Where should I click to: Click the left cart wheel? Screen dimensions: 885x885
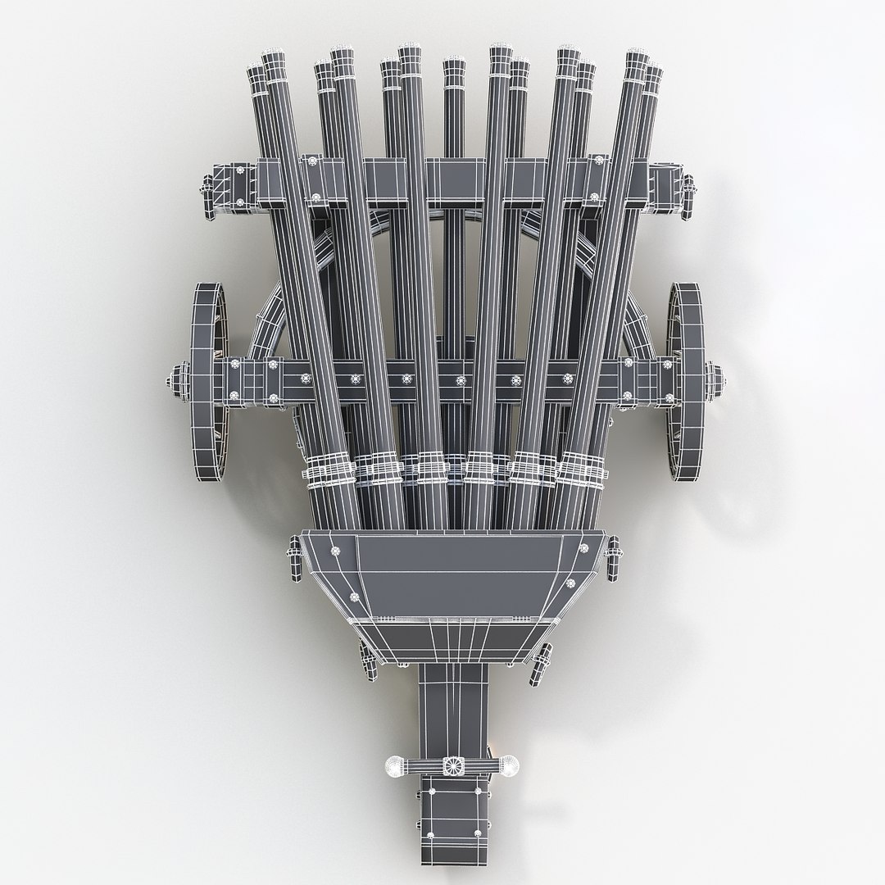(x=209, y=381)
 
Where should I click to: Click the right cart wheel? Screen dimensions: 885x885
(x=688, y=381)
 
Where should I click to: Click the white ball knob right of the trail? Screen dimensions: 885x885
(x=509, y=766)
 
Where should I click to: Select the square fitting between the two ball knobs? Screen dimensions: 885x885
(x=452, y=766)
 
